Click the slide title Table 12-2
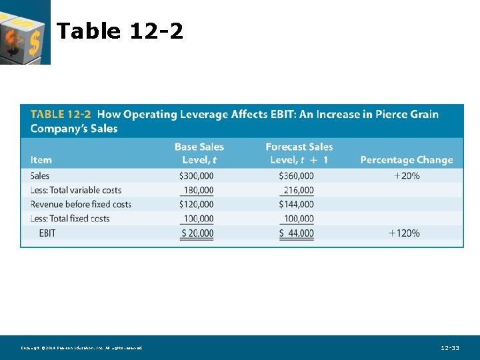coord(120,31)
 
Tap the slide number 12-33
coord(450,348)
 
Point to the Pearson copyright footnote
coord(81,348)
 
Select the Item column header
coord(41,160)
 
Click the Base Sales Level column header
coord(199,153)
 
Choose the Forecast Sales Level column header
coord(299,153)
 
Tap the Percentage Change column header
coord(406,160)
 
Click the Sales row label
coord(40,176)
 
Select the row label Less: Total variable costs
coord(76,190)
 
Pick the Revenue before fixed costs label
coord(81,204)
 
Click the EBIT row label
coord(47,233)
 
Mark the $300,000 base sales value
coord(197,176)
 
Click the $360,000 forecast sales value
coord(296,176)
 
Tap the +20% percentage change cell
coord(407,176)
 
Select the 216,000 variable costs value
coord(298,190)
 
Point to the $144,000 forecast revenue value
coord(296,204)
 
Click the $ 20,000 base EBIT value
coord(197,233)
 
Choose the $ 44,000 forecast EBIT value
coord(297,233)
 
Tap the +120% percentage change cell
coord(404,233)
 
